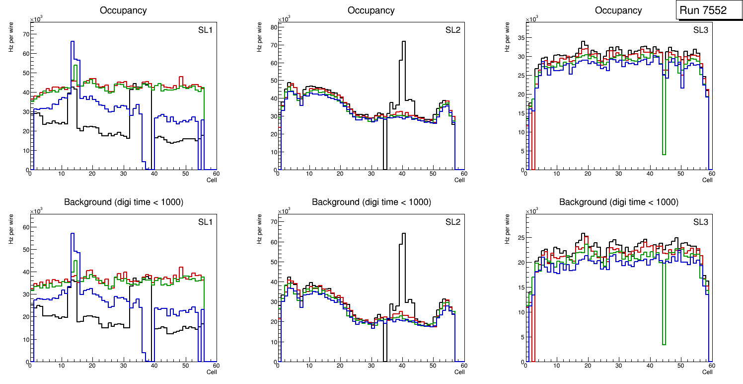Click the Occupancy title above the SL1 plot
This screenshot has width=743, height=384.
(123, 10)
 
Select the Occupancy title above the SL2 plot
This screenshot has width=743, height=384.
(371, 10)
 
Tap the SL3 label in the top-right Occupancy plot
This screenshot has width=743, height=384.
(701, 30)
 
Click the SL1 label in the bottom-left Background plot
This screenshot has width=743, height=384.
(205, 222)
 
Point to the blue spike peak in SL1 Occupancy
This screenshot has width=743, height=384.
(73, 42)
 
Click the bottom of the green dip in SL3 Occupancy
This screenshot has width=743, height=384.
(664, 154)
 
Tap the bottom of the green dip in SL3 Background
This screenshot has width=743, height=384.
(664, 344)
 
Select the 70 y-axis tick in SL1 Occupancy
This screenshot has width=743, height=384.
(26, 34)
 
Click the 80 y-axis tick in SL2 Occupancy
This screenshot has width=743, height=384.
(274, 27)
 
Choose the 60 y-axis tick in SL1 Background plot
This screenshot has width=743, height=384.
(26, 227)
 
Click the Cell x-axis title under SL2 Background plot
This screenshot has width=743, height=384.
(459, 372)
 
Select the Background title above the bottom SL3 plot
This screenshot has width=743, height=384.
(619, 202)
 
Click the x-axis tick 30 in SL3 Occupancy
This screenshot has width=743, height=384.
(618, 174)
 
